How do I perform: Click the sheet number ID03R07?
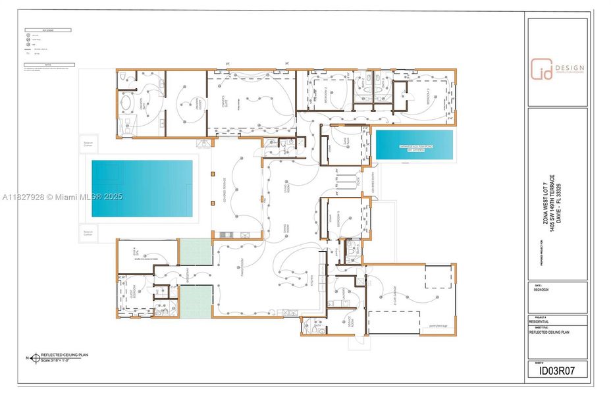(x=557, y=371)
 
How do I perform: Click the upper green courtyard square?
(x=196, y=252)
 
